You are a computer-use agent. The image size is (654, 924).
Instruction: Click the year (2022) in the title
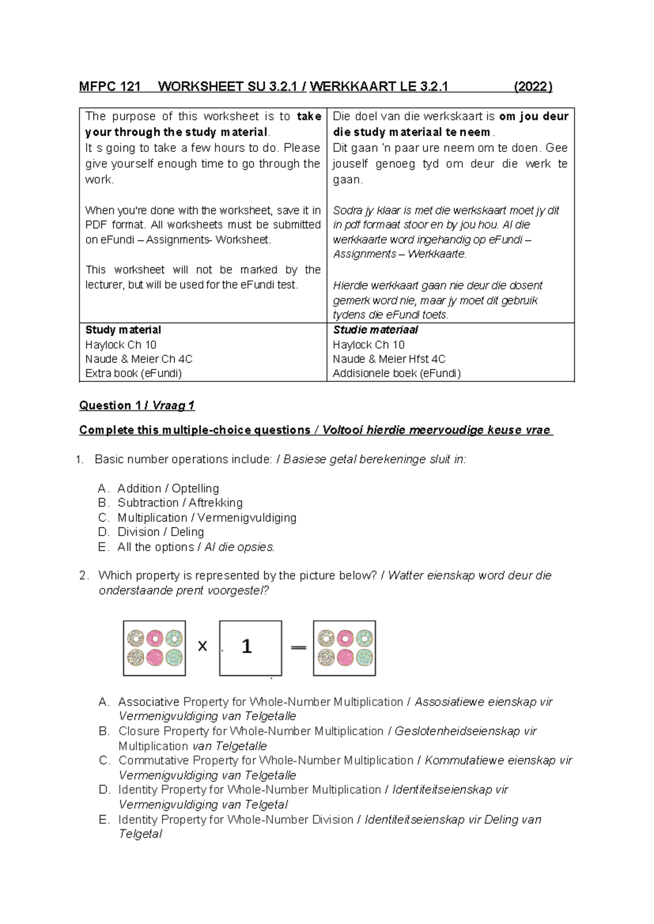tap(532, 87)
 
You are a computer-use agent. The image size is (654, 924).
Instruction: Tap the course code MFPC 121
tap(110, 87)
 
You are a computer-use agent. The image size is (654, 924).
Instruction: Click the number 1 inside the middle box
tap(246, 647)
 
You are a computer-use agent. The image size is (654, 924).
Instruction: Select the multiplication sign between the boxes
tap(202, 647)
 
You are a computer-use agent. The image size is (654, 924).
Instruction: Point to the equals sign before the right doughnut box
tap(298, 647)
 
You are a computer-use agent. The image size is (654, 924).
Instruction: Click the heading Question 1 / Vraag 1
tap(137, 405)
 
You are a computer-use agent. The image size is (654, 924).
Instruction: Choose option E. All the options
tap(186, 547)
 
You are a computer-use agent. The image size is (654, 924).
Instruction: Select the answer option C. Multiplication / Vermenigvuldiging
tap(197, 518)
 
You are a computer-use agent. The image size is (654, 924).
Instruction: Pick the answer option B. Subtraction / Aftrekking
tap(171, 503)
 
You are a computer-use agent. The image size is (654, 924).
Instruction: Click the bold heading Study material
tap(123, 330)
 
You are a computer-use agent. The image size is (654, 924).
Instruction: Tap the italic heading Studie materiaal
tap(376, 330)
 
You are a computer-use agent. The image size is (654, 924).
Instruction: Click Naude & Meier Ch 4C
tap(138, 359)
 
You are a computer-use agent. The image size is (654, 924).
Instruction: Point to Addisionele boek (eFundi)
tap(397, 373)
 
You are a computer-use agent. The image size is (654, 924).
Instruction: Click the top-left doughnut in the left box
tap(136, 638)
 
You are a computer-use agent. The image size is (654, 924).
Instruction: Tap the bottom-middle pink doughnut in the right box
tap(345, 658)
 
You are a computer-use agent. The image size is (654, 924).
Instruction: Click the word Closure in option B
tap(139, 731)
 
